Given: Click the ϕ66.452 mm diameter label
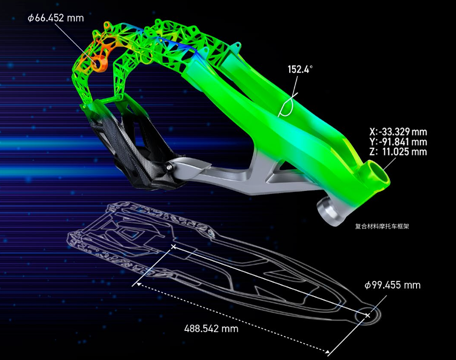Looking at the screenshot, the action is [x=55, y=18].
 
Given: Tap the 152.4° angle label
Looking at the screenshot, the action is [x=300, y=69].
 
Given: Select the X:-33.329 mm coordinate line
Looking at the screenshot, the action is [x=398, y=132].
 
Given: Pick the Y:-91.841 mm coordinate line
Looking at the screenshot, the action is [x=398, y=141].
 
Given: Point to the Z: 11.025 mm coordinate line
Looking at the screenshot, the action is [x=398, y=151].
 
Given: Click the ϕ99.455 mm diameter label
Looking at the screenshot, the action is [x=393, y=285].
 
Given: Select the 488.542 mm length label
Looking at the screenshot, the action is [x=211, y=328].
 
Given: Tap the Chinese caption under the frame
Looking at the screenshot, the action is [x=382, y=226].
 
